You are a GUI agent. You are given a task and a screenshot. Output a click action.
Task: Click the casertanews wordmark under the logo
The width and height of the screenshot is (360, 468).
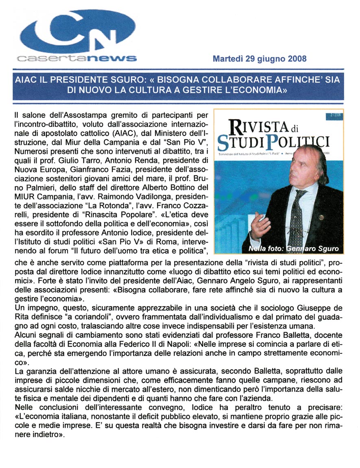pos(76,58)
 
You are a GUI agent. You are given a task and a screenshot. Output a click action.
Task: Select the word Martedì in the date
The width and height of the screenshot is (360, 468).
pos(228,59)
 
